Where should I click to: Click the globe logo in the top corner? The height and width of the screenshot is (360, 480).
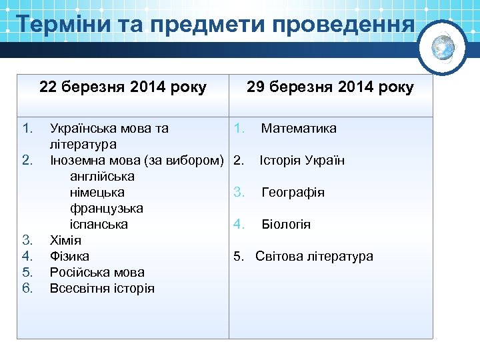(443, 46)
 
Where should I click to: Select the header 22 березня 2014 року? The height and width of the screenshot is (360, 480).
(123, 87)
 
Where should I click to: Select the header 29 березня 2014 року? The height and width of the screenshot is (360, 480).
(330, 87)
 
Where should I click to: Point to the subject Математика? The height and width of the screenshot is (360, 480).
(299, 128)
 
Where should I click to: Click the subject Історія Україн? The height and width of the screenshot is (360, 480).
(302, 161)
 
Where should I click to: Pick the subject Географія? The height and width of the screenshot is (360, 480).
(293, 193)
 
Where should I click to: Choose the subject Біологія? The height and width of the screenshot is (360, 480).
(286, 225)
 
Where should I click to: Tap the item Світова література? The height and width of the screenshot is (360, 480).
(315, 257)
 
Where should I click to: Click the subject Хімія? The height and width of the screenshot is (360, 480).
(65, 240)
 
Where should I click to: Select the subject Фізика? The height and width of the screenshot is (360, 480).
(69, 256)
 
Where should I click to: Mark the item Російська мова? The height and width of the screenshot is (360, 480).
(97, 272)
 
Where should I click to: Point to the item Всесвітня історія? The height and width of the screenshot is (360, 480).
(102, 289)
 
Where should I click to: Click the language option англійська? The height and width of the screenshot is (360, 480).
(102, 177)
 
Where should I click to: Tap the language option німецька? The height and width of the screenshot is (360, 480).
(97, 193)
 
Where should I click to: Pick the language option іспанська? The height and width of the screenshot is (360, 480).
(99, 225)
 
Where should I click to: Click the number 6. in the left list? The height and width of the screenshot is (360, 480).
(27, 288)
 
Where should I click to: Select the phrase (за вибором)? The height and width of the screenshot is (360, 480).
(189, 161)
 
